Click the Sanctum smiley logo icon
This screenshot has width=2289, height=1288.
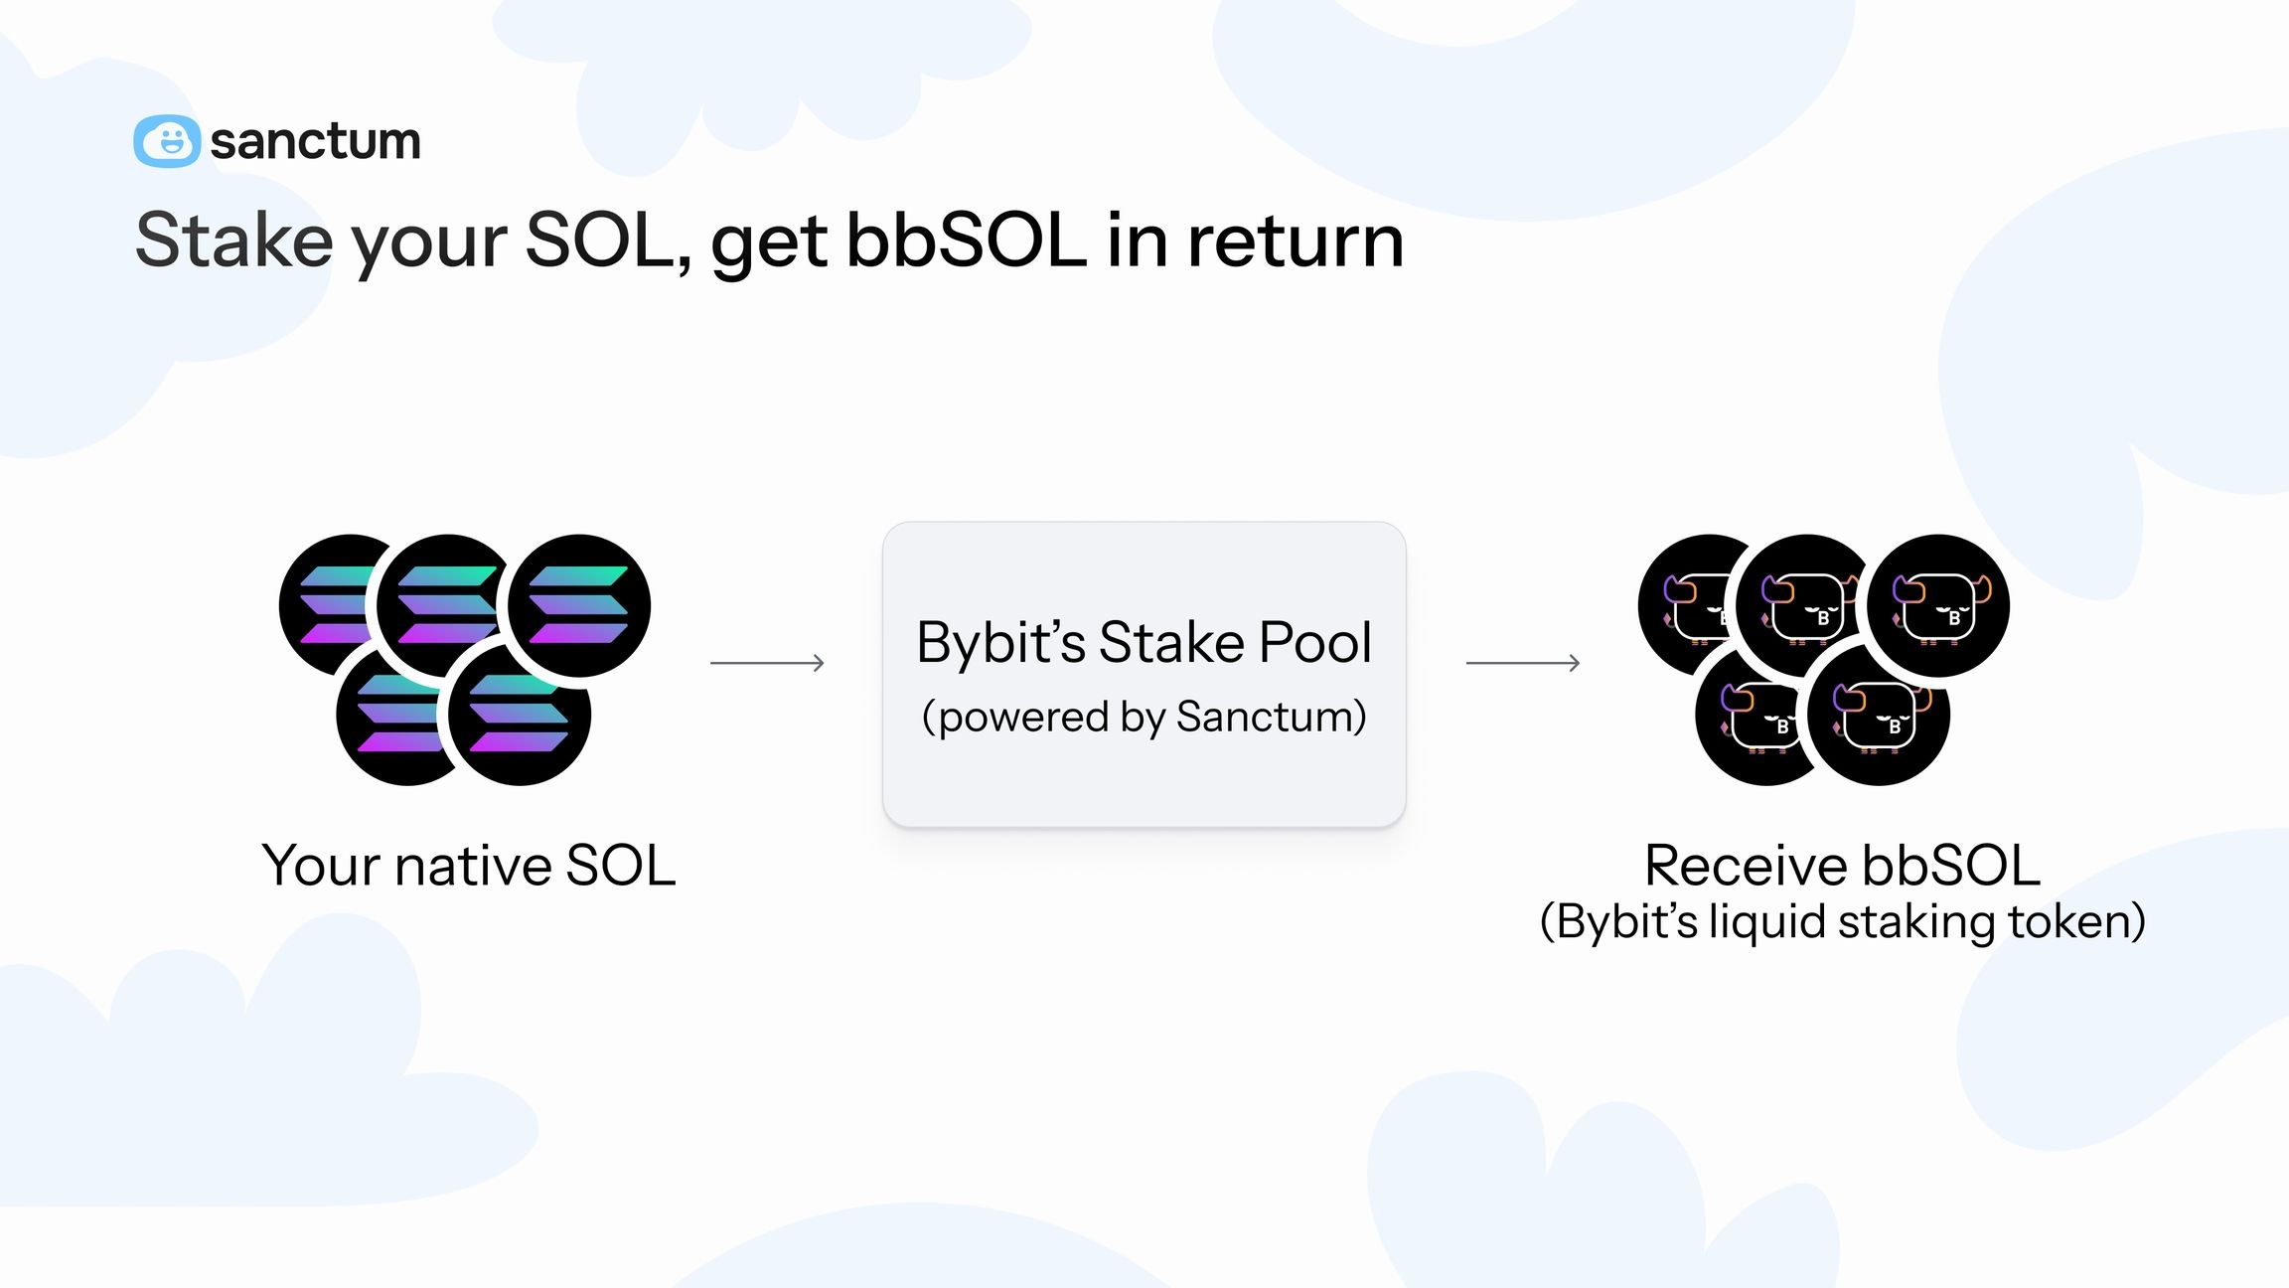pyautogui.click(x=167, y=141)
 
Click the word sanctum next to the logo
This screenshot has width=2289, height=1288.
pyautogui.click(x=315, y=141)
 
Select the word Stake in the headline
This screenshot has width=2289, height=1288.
pyautogui.click(x=233, y=241)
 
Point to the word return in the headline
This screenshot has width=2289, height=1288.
pyautogui.click(x=1296, y=241)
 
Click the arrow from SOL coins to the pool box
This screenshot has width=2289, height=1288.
pyautogui.click(x=767, y=663)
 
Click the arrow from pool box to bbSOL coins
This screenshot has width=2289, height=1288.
pyautogui.click(x=1523, y=663)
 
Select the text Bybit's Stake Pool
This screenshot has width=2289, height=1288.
pyautogui.click(x=1144, y=642)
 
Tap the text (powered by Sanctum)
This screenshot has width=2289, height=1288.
pyautogui.click(x=1144, y=717)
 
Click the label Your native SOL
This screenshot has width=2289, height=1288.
pyautogui.click(x=469, y=866)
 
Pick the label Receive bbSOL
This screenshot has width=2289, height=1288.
pyautogui.click(x=1842, y=866)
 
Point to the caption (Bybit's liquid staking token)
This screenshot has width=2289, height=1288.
pyautogui.click(x=1842, y=922)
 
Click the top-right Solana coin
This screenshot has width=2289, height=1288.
pyautogui.click(x=579, y=606)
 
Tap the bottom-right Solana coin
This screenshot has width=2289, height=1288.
pyautogui.click(x=520, y=716)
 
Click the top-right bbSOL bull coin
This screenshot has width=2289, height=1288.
pyautogui.click(x=1938, y=606)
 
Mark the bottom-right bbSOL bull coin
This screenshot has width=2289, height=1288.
pyautogui.click(x=1879, y=716)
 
